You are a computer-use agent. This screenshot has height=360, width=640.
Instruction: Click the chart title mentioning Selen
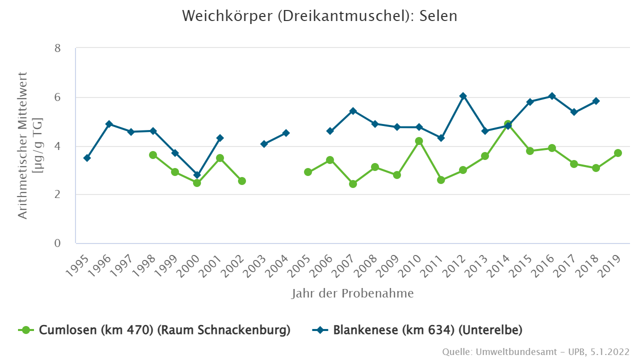pos(319,16)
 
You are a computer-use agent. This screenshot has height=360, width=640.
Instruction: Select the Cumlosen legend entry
pos(155,330)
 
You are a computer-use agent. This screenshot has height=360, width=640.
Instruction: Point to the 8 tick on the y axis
pos(57,48)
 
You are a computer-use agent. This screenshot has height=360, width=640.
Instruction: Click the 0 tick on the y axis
pos(57,243)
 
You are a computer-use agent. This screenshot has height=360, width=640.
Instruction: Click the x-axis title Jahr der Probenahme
pos(352,293)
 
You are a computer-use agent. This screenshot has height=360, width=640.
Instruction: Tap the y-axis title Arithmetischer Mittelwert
pos(30,145)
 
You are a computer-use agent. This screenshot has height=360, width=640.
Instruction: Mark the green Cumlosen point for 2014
pos(507,124)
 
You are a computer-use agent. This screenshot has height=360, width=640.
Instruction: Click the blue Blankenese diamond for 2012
pos(463,96)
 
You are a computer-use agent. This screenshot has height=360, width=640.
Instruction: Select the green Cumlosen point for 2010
pos(419,141)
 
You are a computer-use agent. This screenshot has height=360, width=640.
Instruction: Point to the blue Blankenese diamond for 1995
pos(87,158)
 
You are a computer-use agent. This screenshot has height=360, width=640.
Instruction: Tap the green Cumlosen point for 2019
pos(618,153)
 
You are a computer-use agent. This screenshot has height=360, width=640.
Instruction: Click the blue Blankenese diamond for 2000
pos(197,175)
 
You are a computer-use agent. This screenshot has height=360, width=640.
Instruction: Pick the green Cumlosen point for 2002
pos(241,181)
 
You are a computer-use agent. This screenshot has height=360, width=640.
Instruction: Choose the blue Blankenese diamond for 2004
pos(286,133)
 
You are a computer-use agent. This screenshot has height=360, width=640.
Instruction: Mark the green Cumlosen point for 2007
pos(353,184)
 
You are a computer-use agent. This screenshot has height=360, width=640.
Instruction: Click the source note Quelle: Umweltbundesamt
pos(535,352)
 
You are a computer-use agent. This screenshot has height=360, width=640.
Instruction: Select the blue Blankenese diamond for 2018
pos(596,101)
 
